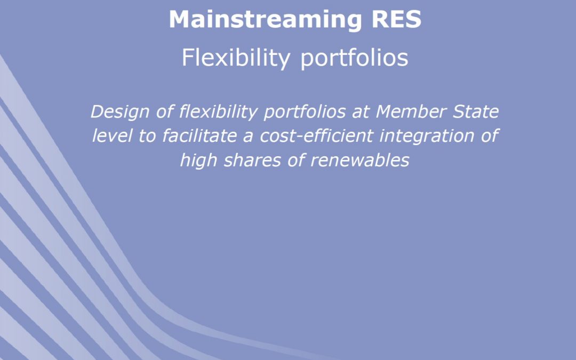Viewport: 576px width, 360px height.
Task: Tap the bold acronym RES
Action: pyautogui.click(x=396, y=19)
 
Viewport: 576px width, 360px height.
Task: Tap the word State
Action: pyautogui.click(x=475, y=111)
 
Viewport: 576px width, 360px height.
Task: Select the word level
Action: pyautogui.click(x=113, y=135)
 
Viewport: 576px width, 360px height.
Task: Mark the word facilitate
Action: pyautogui.click(x=199, y=135)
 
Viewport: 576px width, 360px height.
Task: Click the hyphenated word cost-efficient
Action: pyautogui.click(x=317, y=135)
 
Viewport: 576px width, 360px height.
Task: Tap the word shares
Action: pyautogui.click(x=252, y=161)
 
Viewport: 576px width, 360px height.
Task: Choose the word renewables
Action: pyautogui.click(x=360, y=161)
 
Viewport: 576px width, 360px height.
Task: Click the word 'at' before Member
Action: pyautogui.click(x=360, y=112)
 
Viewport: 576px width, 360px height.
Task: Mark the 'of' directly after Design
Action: pyautogui.click(x=165, y=111)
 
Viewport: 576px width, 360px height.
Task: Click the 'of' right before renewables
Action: pyautogui.click(x=296, y=161)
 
